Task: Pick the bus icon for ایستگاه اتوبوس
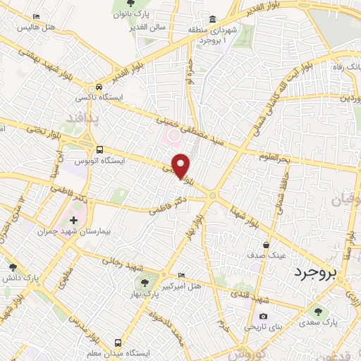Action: (101, 149)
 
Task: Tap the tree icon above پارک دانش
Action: (13, 267)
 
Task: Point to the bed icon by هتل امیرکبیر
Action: (183, 274)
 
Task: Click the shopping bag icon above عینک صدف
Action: (264, 245)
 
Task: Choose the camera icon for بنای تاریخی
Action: (264, 317)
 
